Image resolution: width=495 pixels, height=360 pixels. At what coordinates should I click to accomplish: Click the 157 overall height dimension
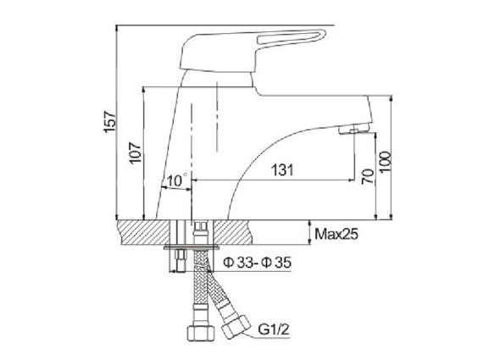click(110, 121)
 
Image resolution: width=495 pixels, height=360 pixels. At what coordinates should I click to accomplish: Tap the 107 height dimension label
click(135, 153)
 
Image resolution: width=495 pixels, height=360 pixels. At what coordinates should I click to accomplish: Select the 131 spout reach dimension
click(282, 170)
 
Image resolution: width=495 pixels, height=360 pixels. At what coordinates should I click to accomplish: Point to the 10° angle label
click(177, 180)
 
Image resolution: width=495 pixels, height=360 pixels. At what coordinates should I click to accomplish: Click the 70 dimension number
click(368, 177)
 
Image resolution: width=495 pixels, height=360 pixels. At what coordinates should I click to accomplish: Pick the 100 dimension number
click(385, 162)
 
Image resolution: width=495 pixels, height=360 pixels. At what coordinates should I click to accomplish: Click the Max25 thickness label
click(336, 234)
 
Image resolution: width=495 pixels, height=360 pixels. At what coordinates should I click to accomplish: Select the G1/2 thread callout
click(274, 330)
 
